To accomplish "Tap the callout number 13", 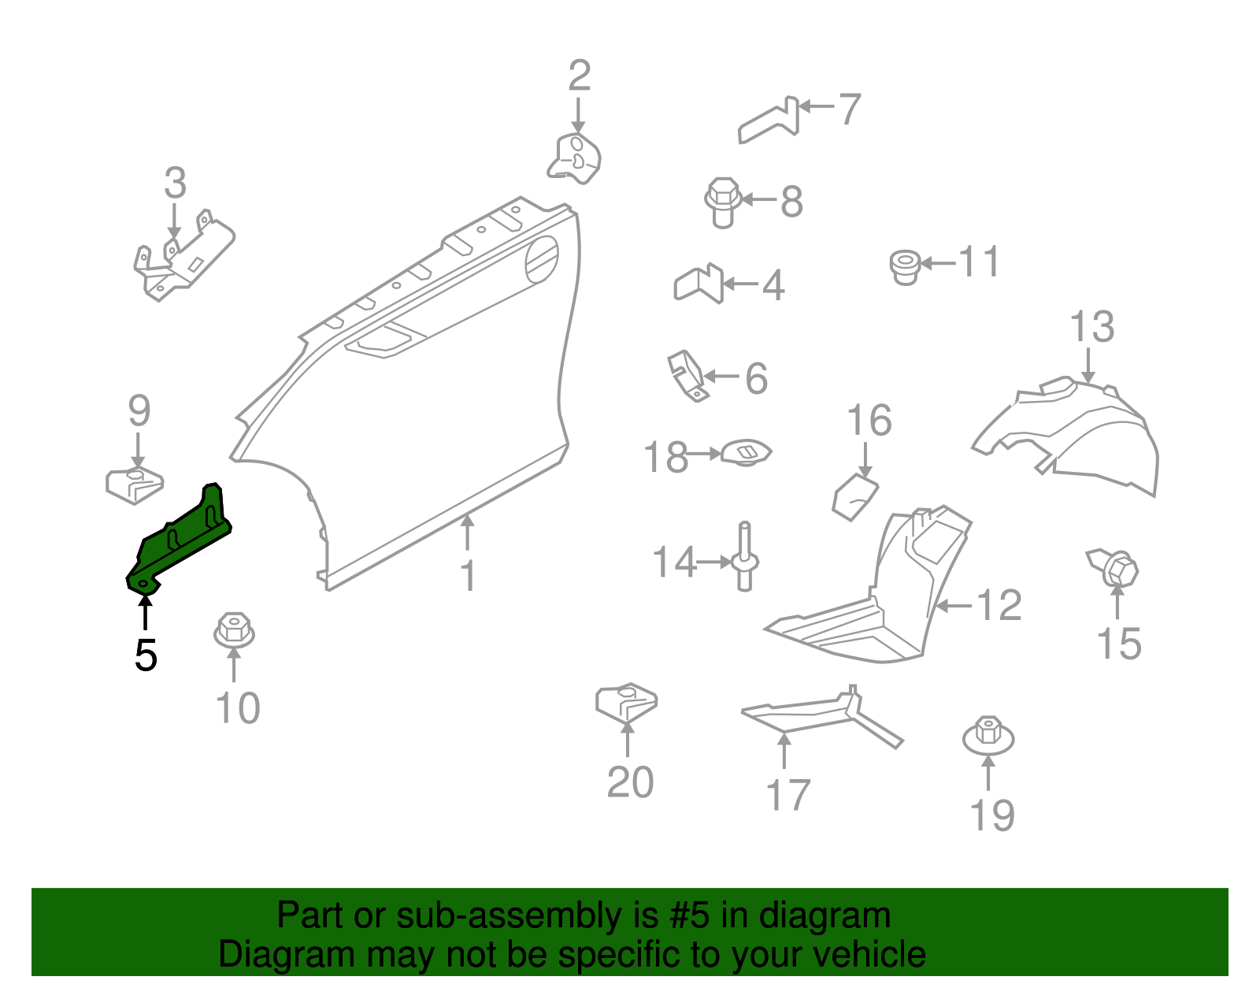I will pyautogui.click(x=1091, y=327).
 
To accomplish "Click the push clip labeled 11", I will pyautogui.click(x=905, y=266).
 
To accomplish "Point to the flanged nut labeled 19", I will pyautogui.click(x=988, y=736).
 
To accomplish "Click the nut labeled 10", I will pyautogui.click(x=233, y=631).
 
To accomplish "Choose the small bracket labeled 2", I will pyautogui.click(x=575, y=158).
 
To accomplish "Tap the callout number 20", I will pyautogui.click(x=630, y=782).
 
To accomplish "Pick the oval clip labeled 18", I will pyautogui.click(x=747, y=452).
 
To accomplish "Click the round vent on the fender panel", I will pyautogui.click(x=542, y=259).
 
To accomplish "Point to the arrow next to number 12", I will pyautogui.click(x=952, y=606).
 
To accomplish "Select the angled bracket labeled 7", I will pyautogui.click(x=769, y=122).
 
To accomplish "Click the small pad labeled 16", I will pyautogui.click(x=855, y=496).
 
